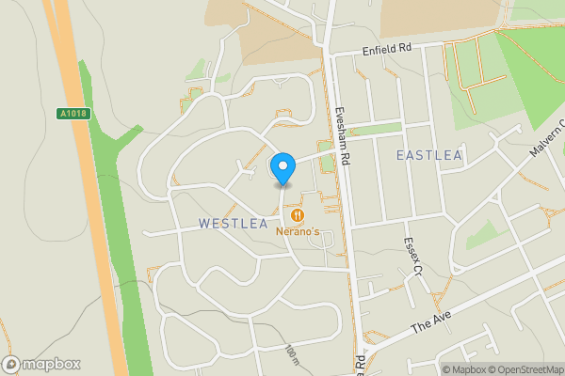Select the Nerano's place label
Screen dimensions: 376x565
[x=299, y=231]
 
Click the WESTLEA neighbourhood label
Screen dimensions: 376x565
[x=233, y=224]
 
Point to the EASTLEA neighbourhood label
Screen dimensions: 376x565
[x=429, y=154]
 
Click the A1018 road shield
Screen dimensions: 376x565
[x=72, y=115]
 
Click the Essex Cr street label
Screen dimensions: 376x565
[x=411, y=255]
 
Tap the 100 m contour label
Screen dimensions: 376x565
[x=290, y=355]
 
